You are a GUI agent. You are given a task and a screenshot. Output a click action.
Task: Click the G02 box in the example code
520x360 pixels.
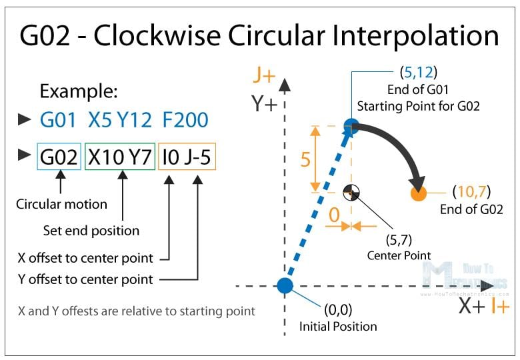pos(59,157)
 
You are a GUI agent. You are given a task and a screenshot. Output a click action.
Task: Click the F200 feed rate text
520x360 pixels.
pos(185,120)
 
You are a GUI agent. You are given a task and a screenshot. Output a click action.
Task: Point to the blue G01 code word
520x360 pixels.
pos(58,120)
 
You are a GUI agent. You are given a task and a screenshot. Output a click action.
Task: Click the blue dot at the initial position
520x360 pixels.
pos(285,286)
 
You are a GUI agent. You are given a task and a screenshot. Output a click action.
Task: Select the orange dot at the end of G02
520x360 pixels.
pos(418,193)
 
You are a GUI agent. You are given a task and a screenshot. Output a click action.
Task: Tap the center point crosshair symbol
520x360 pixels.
pos(351,193)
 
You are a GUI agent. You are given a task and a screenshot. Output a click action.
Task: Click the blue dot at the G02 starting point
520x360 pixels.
pos(351,126)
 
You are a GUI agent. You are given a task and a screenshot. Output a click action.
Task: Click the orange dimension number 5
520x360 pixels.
pos(305,159)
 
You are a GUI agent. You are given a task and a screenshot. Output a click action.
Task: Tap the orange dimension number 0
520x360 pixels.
pos(334,215)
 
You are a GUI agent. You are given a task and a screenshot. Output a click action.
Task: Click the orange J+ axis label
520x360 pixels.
pos(264,75)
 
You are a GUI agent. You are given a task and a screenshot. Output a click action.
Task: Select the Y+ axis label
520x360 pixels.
pos(264,103)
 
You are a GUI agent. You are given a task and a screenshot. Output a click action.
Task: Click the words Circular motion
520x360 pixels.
pos(62,204)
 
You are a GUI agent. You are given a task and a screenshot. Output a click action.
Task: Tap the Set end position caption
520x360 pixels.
pos(91,231)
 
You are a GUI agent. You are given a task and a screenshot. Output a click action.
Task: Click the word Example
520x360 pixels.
pos(79,91)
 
